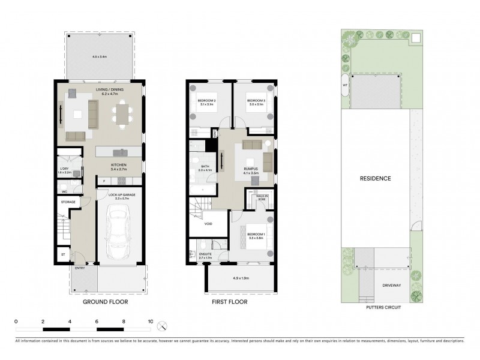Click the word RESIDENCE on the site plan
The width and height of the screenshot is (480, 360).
[376, 178]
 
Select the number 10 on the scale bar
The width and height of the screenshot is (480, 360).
[151, 322]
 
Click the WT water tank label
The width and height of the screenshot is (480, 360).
[346, 85]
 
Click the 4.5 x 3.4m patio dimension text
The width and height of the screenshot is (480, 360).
[100, 56]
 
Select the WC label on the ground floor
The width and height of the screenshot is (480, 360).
[64, 192]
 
